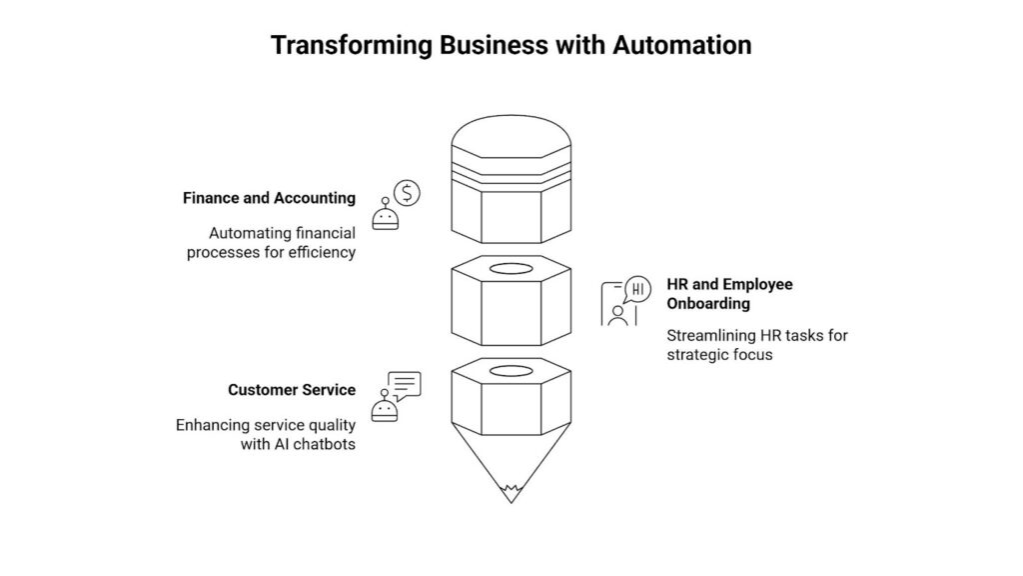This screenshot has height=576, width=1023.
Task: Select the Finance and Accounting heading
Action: (x=269, y=198)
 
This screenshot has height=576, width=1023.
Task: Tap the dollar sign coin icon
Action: (x=407, y=191)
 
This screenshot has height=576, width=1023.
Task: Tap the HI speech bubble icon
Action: (x=638, y=290)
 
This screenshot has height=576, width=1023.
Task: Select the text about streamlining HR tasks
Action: (x=756, y=345)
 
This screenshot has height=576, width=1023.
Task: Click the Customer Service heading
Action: (x=291, y=390)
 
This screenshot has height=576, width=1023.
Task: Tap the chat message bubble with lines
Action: (x=405, y=384)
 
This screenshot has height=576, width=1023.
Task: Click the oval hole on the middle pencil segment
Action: (x=511, y=269)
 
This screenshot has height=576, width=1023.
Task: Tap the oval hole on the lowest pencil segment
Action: (x=511, y=371)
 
